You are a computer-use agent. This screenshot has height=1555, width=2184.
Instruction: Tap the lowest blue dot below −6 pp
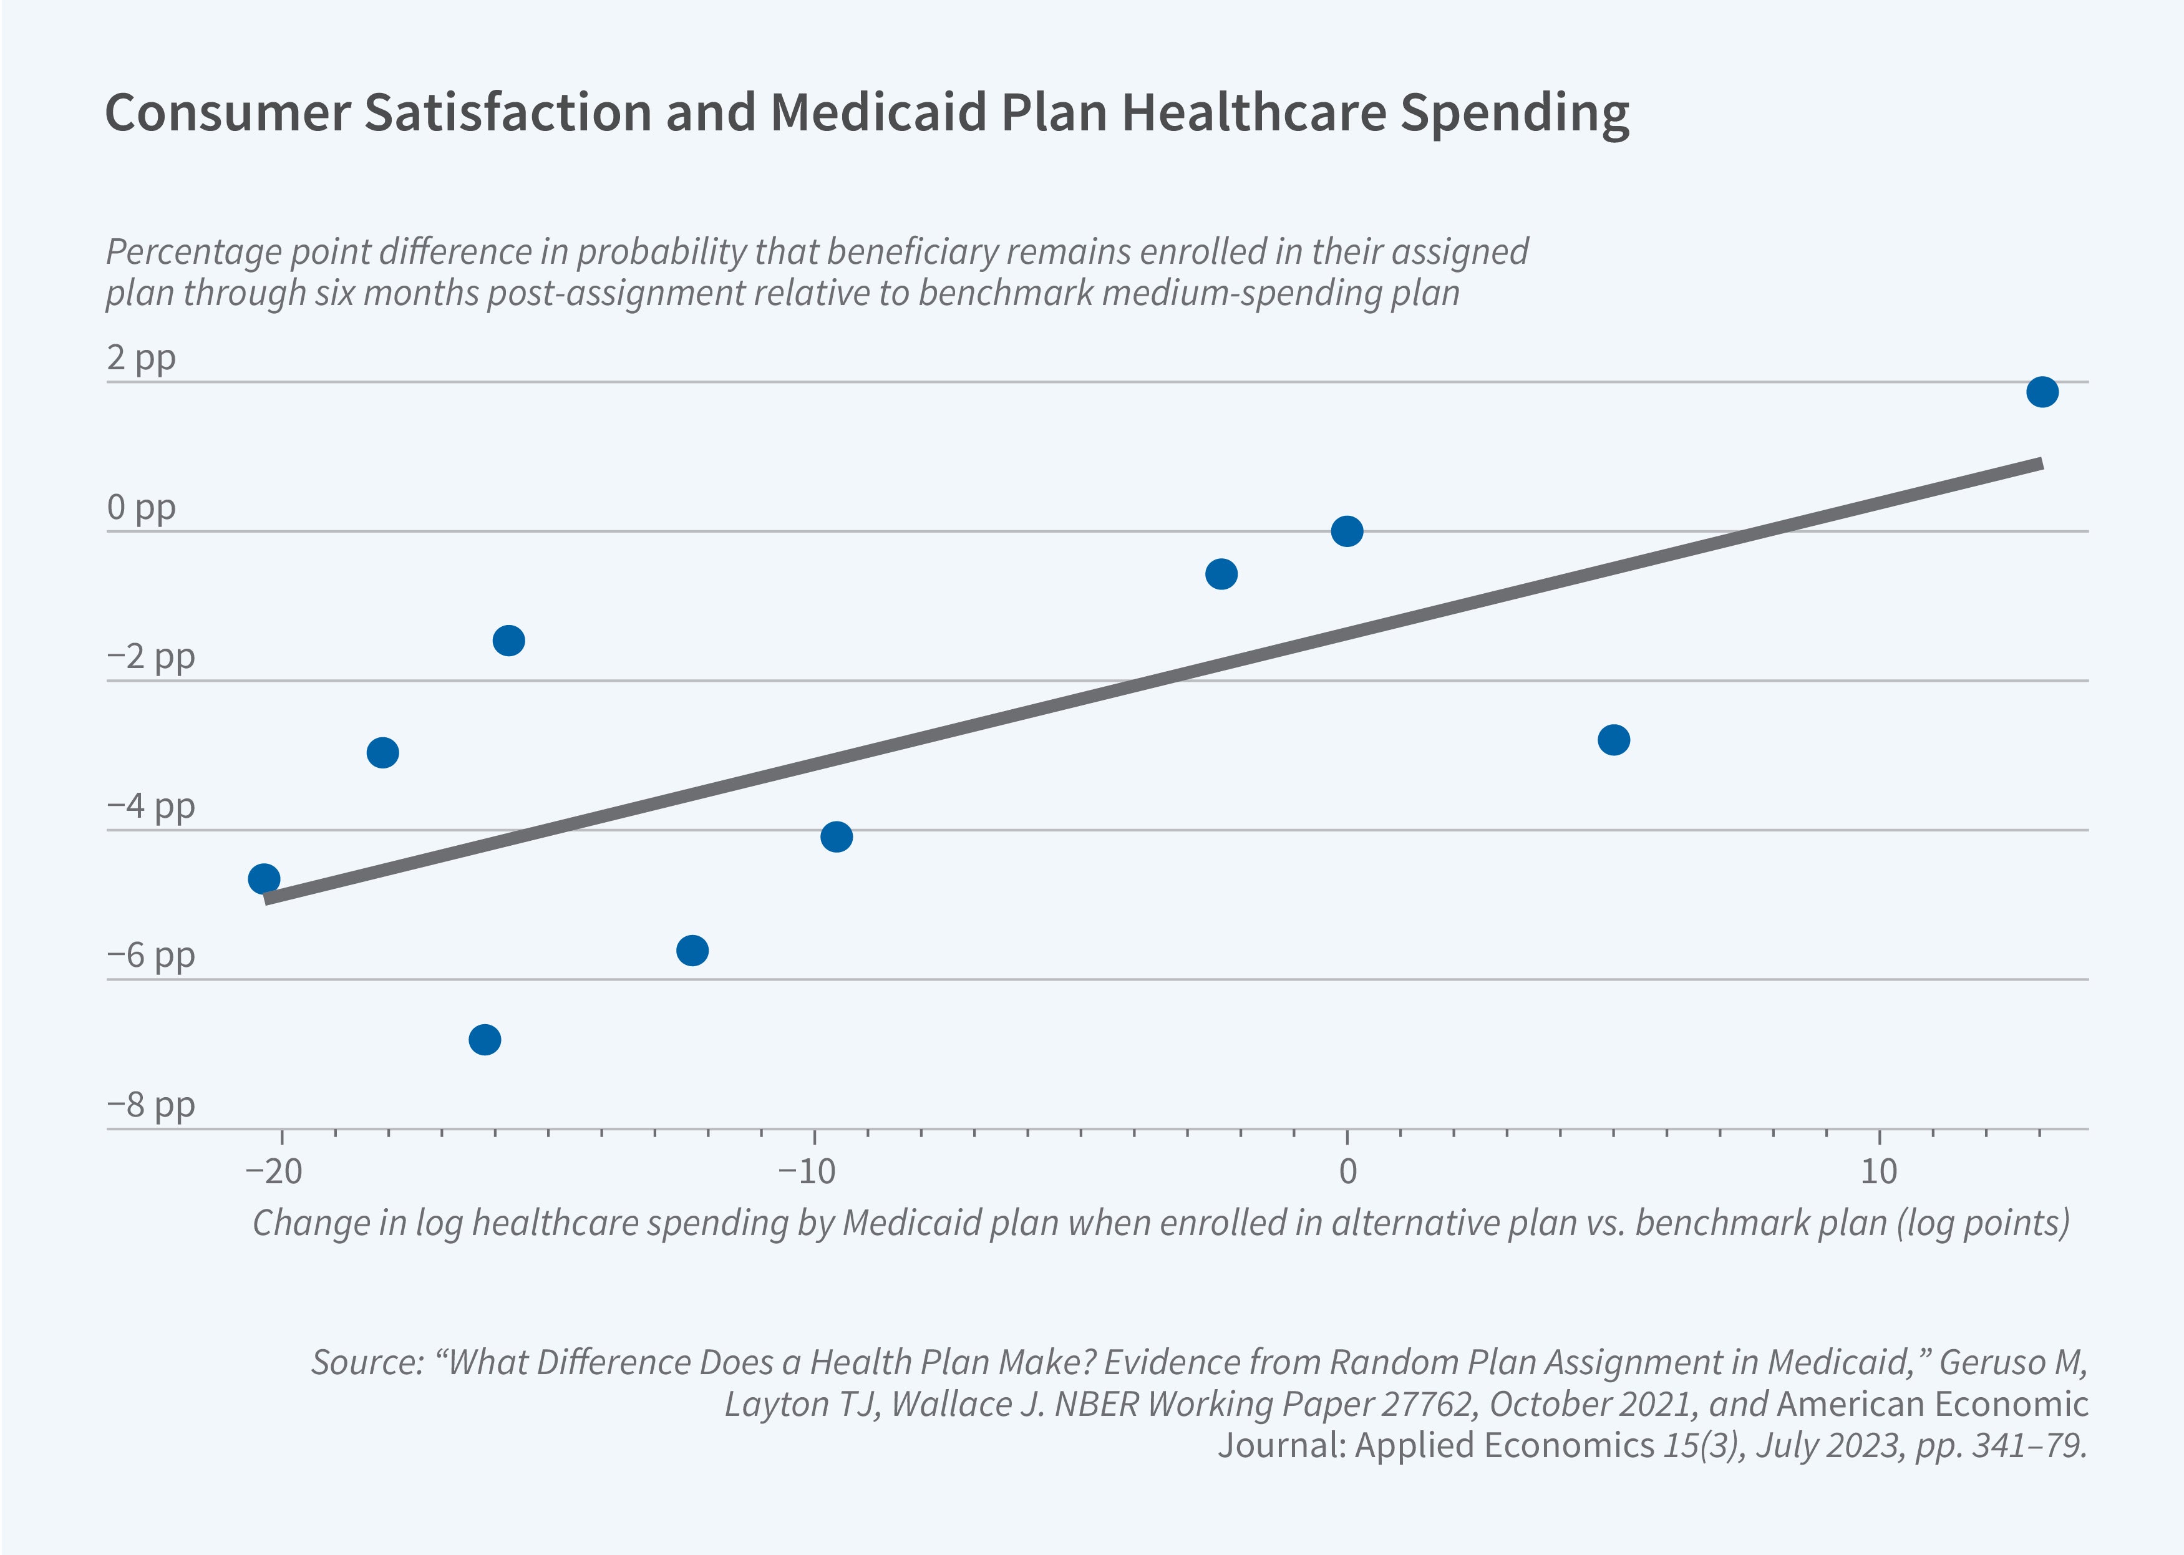(x=485, y=1039)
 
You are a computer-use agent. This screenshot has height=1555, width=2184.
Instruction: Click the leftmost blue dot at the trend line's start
(x=263, y=879)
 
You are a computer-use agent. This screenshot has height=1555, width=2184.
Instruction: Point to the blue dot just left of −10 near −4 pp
(x=837, y=837)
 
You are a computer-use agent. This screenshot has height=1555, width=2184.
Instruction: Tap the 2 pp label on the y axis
(x=141, y=357)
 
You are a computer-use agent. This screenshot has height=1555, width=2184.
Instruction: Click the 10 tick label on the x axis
(x=1878, y=1170)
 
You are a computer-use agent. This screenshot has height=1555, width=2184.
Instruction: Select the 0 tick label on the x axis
(x=1347, y=1170)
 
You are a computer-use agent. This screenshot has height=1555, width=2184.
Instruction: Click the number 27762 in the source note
(x=1425, y=1403)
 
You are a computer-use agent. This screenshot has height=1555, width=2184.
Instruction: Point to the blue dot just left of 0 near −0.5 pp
(x=1221, y=574)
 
